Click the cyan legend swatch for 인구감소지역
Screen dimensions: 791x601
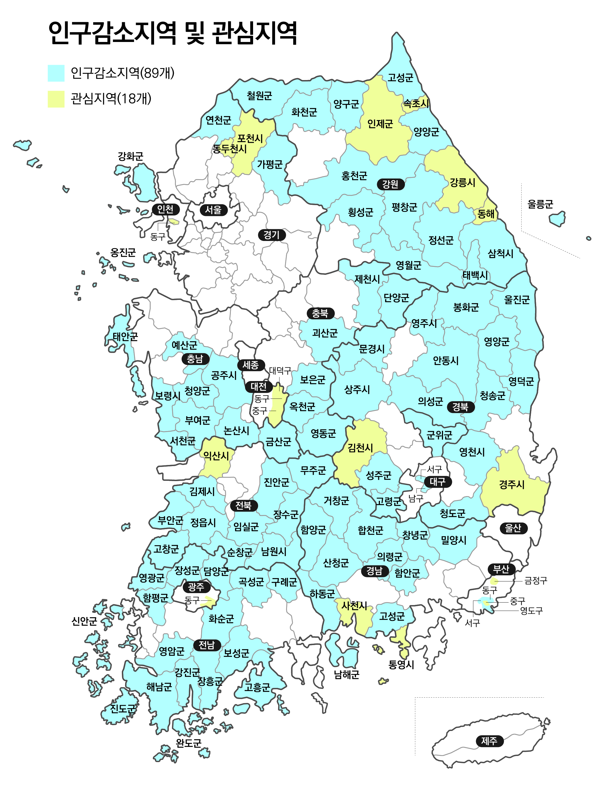(x=56, y=73)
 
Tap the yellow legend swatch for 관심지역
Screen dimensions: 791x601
(x=56, y=99)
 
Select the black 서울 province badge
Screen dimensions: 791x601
(x=213, y=210)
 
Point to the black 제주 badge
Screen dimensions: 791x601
(x=489, y=741)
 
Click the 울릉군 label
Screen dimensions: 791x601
(x=540, y=205)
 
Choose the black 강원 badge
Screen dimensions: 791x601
(x=390, y=184)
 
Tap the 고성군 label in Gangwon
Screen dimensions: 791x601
(x=401, y=78)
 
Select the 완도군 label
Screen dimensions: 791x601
(x=189, y=743)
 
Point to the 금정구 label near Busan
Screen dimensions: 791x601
(x=536, y=581)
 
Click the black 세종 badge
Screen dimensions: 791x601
(x=251, y=365)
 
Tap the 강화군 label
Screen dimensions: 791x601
(x=131, y=156)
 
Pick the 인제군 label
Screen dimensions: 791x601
(x=380, y=124)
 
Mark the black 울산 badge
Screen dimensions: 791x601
(x=513, y=528)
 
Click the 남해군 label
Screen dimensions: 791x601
(x=346, y=675)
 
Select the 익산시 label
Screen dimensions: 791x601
(x=216, y=456)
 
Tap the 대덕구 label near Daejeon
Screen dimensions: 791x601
(x=280, y=371)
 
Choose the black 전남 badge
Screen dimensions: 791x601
(x=207, y=645)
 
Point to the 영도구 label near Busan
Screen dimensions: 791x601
(x=531, y=610)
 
